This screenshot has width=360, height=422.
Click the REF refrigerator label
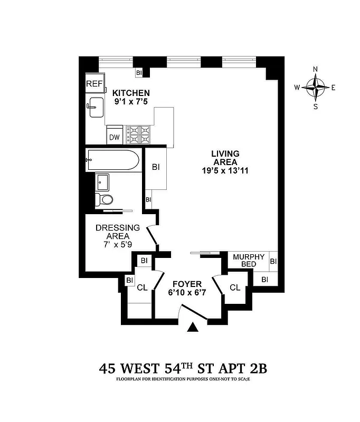(x=94, y=84)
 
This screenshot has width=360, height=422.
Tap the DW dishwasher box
(x=114, y=137)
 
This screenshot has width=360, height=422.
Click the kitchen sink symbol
(x=96, y=107)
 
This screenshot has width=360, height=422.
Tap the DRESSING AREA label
(x=117, y=232)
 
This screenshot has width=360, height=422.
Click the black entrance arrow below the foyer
(x=193, y=328)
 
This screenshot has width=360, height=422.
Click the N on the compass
(x=316, y=69)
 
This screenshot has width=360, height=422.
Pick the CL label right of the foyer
(x=235, y=287)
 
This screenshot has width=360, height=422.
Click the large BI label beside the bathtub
(x=156, y=167)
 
